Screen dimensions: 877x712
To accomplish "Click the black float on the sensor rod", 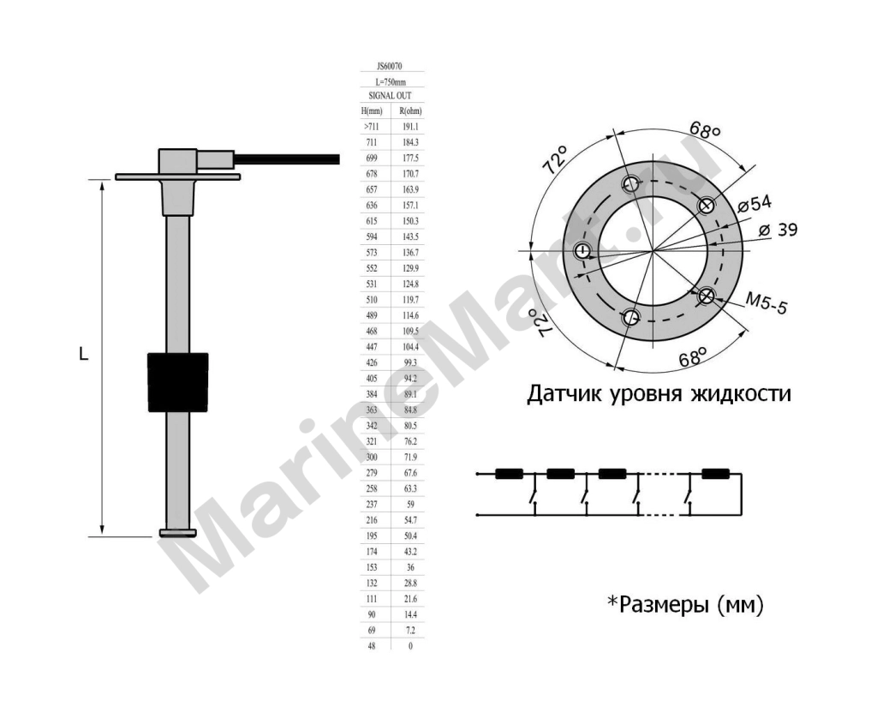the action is point(178,382).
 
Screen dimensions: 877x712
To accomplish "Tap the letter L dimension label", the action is point(83,354).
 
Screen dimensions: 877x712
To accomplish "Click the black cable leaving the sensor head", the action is point(286,159).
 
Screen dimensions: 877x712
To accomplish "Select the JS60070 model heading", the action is point(390,66).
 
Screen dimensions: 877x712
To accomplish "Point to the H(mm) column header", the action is point(372,111).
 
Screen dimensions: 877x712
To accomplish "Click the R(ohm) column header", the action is point(410,111).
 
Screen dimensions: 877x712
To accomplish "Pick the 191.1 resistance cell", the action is point(410,127).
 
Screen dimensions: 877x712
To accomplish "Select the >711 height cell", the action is point(372,127).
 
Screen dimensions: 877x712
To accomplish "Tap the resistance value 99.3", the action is point(410,362).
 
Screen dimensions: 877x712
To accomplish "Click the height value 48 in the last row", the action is point(372,646).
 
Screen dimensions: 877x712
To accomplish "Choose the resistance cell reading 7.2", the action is point(410,631).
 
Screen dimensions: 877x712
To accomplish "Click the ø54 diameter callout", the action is point(755,204).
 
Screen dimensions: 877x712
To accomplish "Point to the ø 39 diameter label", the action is point(778,230).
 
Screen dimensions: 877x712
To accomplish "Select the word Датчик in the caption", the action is point(564,394).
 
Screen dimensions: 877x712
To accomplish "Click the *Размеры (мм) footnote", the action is point(686,605).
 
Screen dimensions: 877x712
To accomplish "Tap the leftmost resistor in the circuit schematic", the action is point(509,474).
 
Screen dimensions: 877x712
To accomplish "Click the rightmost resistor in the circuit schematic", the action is point(716,474).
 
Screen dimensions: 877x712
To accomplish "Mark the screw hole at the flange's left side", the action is point(584,251).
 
